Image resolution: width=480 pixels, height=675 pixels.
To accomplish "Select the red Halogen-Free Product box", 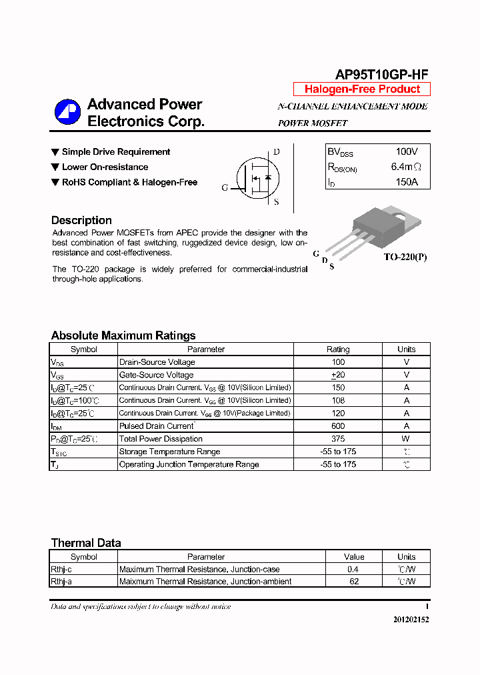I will point(362,89).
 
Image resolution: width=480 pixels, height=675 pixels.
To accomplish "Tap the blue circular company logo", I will point(67,112).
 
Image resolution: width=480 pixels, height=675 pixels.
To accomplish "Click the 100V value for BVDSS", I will point(406,152).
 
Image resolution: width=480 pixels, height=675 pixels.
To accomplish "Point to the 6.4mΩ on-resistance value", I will point(406,167).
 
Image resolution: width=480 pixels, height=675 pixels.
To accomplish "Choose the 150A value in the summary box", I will point(406,181).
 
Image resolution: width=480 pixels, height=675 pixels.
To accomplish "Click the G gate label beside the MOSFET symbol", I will point(225,188).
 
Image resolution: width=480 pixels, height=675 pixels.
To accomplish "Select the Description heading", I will point(81,220).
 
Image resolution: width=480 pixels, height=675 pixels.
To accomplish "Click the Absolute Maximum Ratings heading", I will point(123,335).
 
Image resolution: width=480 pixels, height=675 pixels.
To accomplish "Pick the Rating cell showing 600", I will point(338,426).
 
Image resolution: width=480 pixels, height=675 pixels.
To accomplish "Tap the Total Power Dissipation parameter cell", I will point(161,439).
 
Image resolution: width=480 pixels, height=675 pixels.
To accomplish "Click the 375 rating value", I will point(338,439).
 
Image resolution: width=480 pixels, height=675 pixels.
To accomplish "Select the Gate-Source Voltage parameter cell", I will point(156,375).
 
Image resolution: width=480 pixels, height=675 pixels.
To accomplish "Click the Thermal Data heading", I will point(86,543).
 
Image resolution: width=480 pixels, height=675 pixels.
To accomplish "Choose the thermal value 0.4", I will point(353,569).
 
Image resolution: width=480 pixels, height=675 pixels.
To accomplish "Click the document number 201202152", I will point(411,620).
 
